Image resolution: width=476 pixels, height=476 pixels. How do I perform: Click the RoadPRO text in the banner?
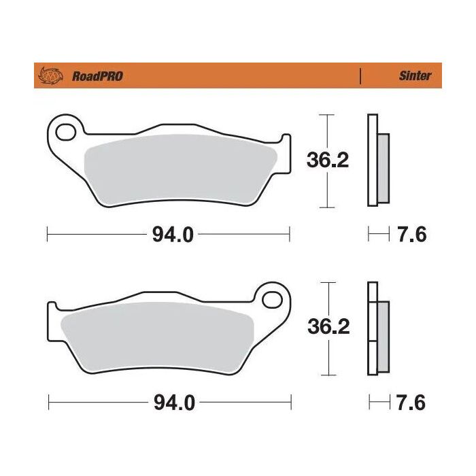pyautogui.click(x=97, y=76)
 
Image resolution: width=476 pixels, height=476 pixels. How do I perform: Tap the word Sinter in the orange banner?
pyautogui.click(x=414, y=76)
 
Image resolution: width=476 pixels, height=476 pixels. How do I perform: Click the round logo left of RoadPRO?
pyautogui.click(x=52, y=75)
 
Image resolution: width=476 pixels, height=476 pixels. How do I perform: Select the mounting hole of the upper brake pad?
pyautogui.click(x=66, y=131)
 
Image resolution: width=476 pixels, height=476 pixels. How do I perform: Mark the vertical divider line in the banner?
pyautogui.click(x=360, y=76)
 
